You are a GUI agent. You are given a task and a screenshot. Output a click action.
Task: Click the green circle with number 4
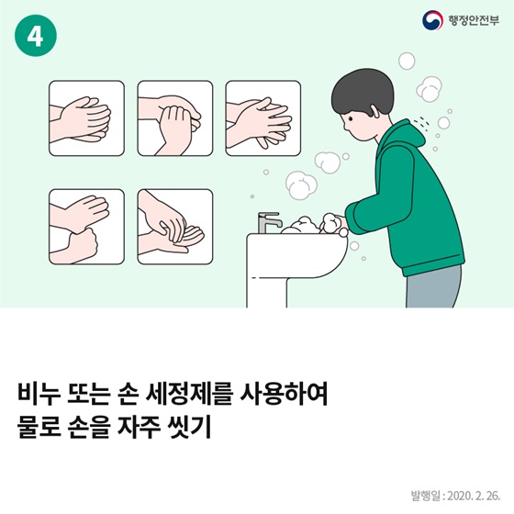pyautogui.click(x=36, y=36)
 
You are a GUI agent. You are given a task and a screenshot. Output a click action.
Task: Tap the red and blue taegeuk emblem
pyautogui.click(x=432, y=20)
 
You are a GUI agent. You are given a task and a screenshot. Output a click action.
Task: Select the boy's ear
pyautogui.click(x=375, y=109)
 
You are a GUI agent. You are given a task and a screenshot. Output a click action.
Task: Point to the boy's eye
pyautogui.click(x=351, y=118)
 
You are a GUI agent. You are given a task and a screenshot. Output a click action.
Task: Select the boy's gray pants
pyautogui.click(x=433, y=286)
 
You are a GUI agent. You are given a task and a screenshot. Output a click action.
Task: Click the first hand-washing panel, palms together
pyautogui.click(x=86, y=118)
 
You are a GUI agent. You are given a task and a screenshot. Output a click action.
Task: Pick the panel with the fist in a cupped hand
pyautogui.click(x=175, y=118)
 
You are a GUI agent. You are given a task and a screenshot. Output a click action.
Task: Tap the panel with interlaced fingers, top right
pyautogui.click(x=263, y=118)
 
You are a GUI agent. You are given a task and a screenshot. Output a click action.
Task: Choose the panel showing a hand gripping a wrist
pyautogui.click(x=86, y=227)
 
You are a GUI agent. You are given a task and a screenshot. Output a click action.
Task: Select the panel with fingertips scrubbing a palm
pyautogui.click(x=175, y=227)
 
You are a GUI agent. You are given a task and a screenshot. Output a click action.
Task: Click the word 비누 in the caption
pyautogui.click(x=39, y=394)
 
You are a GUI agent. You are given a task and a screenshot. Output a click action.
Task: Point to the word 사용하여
pyautogui.click(x=285, y=394)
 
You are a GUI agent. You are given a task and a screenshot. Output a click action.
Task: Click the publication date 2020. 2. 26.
pyautogui.click(x=474, y=496)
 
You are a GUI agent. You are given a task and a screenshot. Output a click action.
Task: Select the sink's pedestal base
pyautogui.click(x=266, y=293)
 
